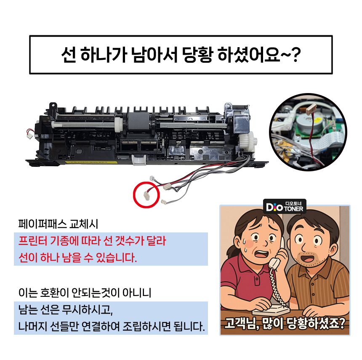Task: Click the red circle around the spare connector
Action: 133,195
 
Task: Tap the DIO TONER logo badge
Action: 285,206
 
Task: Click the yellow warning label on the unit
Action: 91,163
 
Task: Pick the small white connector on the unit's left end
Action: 29,134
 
